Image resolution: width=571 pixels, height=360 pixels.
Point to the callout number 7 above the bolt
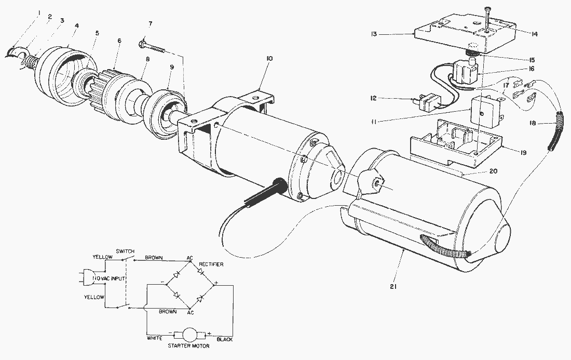[150, 24]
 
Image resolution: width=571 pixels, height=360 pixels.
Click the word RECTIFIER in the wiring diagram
[210, 264]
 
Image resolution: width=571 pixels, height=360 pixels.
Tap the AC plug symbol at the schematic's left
[86, 278]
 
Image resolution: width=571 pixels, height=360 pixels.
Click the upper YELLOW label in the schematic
[101, 257]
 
